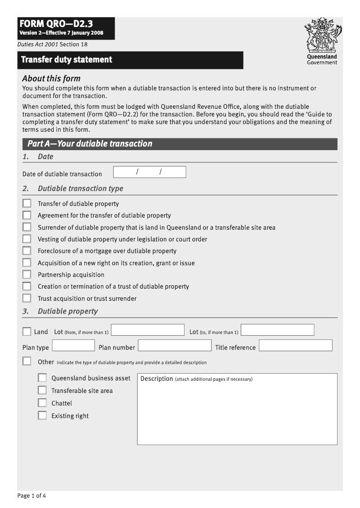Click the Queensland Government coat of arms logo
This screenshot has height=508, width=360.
(322, 36)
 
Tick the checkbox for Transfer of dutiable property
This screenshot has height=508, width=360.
(27, 203)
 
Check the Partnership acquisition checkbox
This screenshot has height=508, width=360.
(27, 274)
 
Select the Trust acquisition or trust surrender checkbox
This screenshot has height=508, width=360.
(27, 298)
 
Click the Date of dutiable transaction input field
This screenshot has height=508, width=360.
(149, 172)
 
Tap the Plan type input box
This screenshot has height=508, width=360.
(73, 345)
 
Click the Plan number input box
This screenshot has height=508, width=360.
(175, 345)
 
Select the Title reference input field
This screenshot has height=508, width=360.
(296, 345)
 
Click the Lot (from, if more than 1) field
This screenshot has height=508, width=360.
(148, 330)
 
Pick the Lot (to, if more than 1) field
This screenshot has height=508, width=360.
(278, 330)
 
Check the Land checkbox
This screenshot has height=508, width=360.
(27, 332)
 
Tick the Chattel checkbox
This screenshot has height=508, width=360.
(42, 403)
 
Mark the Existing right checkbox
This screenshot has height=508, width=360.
(42, 415)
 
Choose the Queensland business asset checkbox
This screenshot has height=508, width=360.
(42, 378)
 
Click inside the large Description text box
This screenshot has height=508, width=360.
(237, 414)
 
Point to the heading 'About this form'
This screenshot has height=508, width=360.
(51, 78)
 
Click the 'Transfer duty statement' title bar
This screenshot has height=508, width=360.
(130, 60)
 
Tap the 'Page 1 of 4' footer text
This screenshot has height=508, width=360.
(31, 496)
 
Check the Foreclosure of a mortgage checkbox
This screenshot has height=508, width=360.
(27, 251)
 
